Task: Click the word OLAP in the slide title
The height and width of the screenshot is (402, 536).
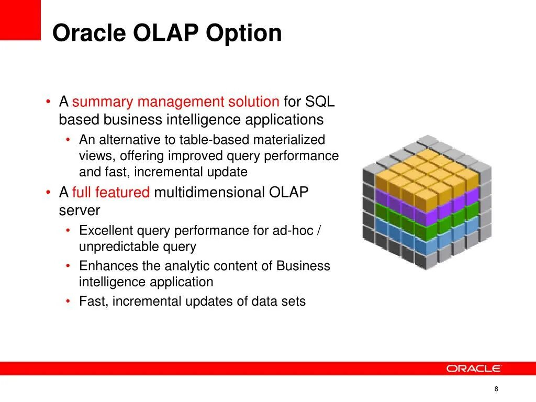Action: point(166,33)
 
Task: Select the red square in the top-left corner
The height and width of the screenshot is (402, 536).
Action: point(20,20)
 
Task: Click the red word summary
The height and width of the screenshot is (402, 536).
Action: point(103,102)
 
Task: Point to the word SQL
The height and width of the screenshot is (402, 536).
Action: point(320,102)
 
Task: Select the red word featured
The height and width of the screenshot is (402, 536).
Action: point(122,192)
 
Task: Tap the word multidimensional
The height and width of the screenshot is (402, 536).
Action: point(209,192)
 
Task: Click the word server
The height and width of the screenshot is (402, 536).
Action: point(80,211)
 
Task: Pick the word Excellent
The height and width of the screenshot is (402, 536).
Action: point(106,230)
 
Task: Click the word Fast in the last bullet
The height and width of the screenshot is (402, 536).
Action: point(94,301)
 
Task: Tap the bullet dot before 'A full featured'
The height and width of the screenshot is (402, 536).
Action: point(48,193)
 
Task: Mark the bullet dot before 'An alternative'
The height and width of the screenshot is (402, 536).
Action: point(68,139)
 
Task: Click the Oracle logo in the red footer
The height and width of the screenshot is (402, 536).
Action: point(473,368)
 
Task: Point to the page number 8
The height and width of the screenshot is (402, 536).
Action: point(496,389)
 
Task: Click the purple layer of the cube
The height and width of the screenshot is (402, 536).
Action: point(427,205)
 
